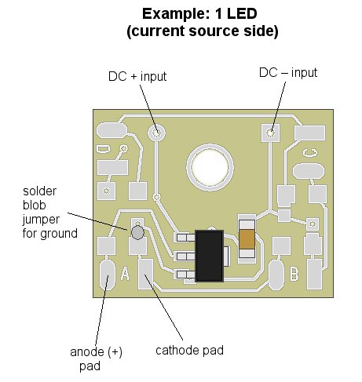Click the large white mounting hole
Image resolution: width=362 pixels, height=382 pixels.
[x=210, y=168]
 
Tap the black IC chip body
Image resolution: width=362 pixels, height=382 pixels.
[x=209, y=256]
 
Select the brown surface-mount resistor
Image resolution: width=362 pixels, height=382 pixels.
[x=247, y=238]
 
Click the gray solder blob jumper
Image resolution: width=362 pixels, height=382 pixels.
[x=137, y=232]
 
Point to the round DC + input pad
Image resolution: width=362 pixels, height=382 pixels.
[x=157, y=133]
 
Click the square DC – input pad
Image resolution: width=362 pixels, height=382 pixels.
[x=270, y=133]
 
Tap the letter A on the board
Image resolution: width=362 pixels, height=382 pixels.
[x=125, y=274]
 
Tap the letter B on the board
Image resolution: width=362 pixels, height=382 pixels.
[x=294, y=274]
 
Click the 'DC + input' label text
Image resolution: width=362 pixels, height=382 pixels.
[x=137, y=77]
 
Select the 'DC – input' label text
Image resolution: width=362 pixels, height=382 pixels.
[x=288, y=73]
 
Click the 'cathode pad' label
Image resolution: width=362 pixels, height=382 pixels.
[x=189, y=351]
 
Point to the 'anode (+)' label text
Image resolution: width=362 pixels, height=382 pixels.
[x=96, y=352]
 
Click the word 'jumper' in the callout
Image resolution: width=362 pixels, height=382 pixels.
[x=41, y=220]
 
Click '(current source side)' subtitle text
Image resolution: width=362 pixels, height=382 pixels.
[x=203, y=31]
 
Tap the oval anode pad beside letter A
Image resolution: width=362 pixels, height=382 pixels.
[x=107, y=275]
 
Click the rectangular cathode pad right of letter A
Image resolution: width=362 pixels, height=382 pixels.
[x=145, y=274]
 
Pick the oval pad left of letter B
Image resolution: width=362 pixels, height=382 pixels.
[x=276, y=275]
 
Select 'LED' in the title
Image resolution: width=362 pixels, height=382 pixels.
[x=242, y=13]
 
